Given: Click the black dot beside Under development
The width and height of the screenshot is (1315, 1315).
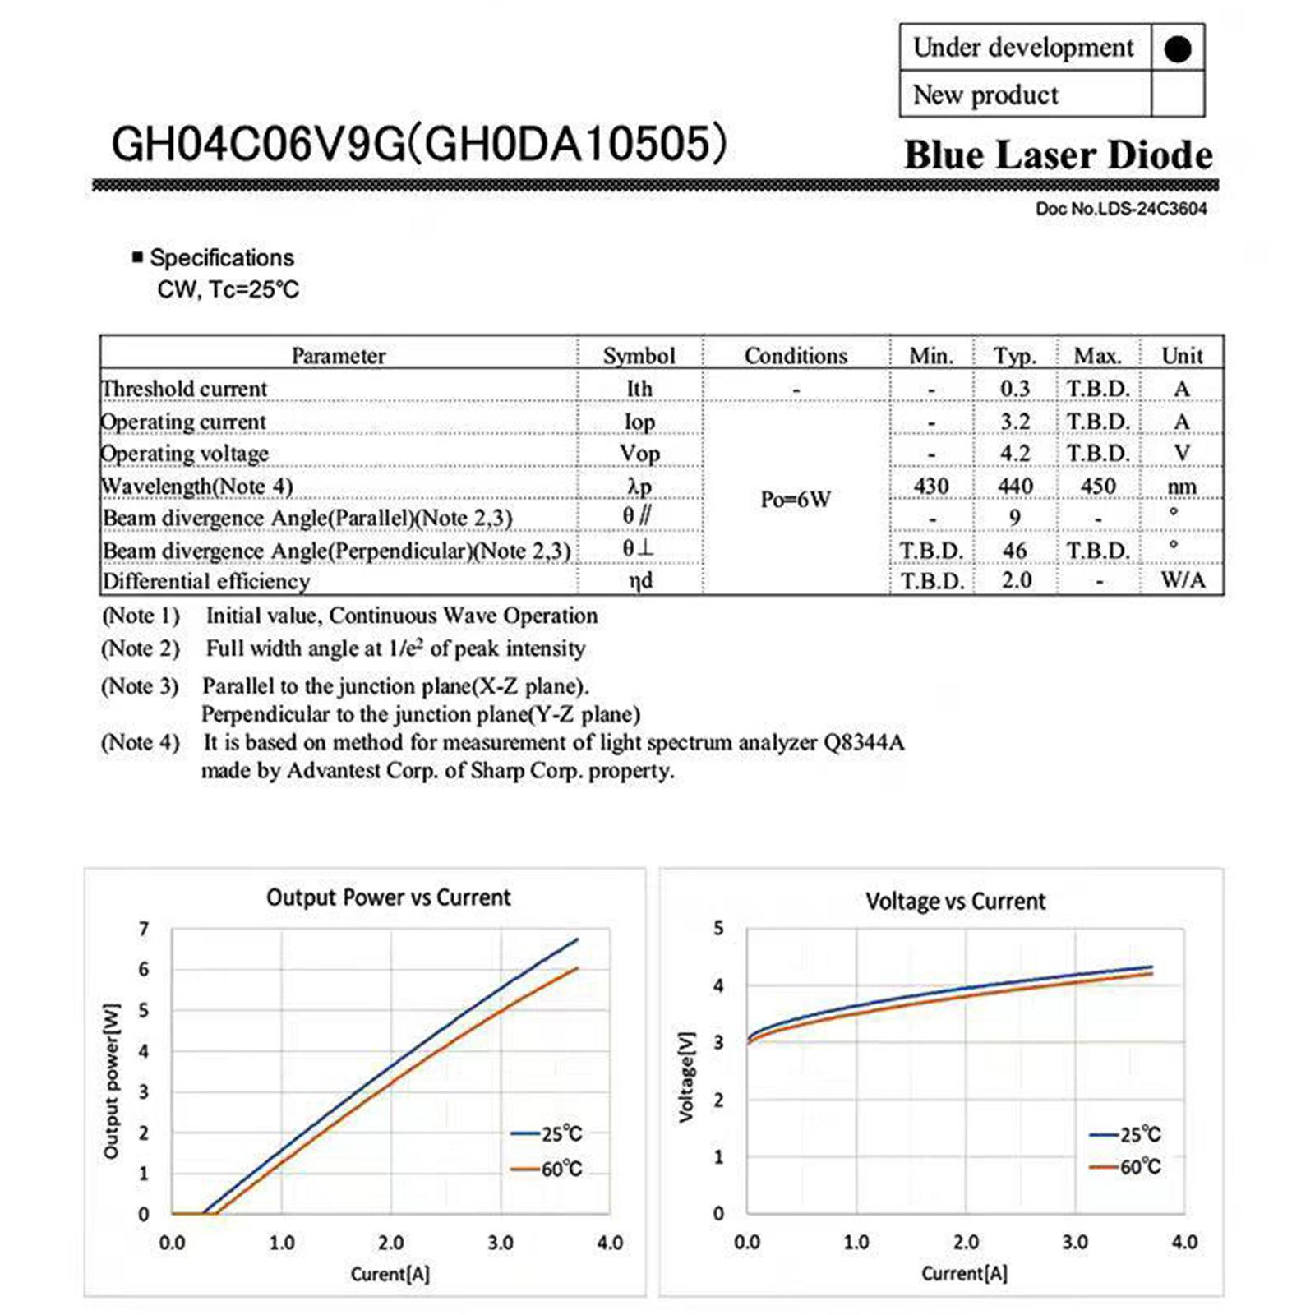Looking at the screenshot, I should point(1177,49).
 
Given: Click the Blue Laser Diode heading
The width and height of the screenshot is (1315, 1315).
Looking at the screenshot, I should point(1058,155).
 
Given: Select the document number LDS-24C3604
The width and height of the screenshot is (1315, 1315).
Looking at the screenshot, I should point(1120,209).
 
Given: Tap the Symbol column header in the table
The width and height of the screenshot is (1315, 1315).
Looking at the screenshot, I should point(639,356).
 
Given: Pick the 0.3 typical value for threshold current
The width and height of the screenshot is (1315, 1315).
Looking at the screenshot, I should point(1015,389).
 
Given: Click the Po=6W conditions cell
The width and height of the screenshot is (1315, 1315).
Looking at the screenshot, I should point(795,499).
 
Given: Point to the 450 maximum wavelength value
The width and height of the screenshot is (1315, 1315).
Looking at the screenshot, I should point(1098,487).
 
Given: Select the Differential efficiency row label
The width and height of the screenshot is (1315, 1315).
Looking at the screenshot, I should point(205,582).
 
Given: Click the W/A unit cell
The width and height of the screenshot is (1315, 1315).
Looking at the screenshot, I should point(1182,580).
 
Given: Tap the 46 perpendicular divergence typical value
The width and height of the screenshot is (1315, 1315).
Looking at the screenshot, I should point(1015,550).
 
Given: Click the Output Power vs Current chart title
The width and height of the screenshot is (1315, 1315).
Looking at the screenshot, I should point(388,897).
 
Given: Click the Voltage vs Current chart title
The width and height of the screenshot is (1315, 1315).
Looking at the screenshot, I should point(955,902).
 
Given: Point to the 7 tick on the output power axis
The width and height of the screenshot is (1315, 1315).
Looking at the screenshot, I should point(144,930).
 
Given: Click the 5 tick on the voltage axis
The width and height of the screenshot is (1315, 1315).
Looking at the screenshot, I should point(718,929).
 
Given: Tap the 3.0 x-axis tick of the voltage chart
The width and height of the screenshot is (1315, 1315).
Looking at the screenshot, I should point(1074,1242).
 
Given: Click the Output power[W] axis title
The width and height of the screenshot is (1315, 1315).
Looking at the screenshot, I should point(111,1082).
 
